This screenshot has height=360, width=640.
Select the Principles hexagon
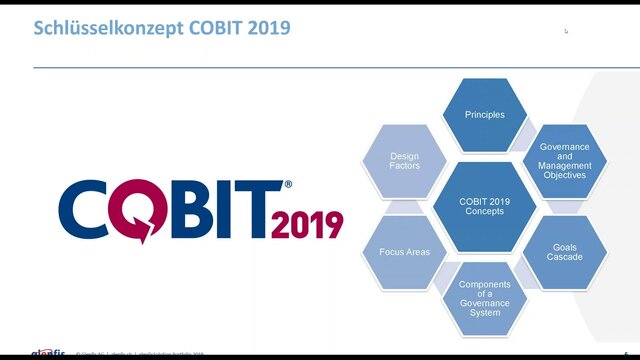pos(484,114)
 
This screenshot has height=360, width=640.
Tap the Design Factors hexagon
pos(405,161)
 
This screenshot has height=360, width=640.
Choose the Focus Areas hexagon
pos(404,252)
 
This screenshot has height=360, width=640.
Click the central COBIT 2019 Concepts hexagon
pos(484,206)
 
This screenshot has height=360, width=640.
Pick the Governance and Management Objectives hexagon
pos(565,160)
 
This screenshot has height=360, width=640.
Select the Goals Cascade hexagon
pos(565,252)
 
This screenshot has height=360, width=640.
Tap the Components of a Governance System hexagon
pos(484,298)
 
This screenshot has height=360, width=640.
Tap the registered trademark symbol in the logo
pos(289,185)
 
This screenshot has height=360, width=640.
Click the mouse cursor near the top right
pos(566,31)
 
